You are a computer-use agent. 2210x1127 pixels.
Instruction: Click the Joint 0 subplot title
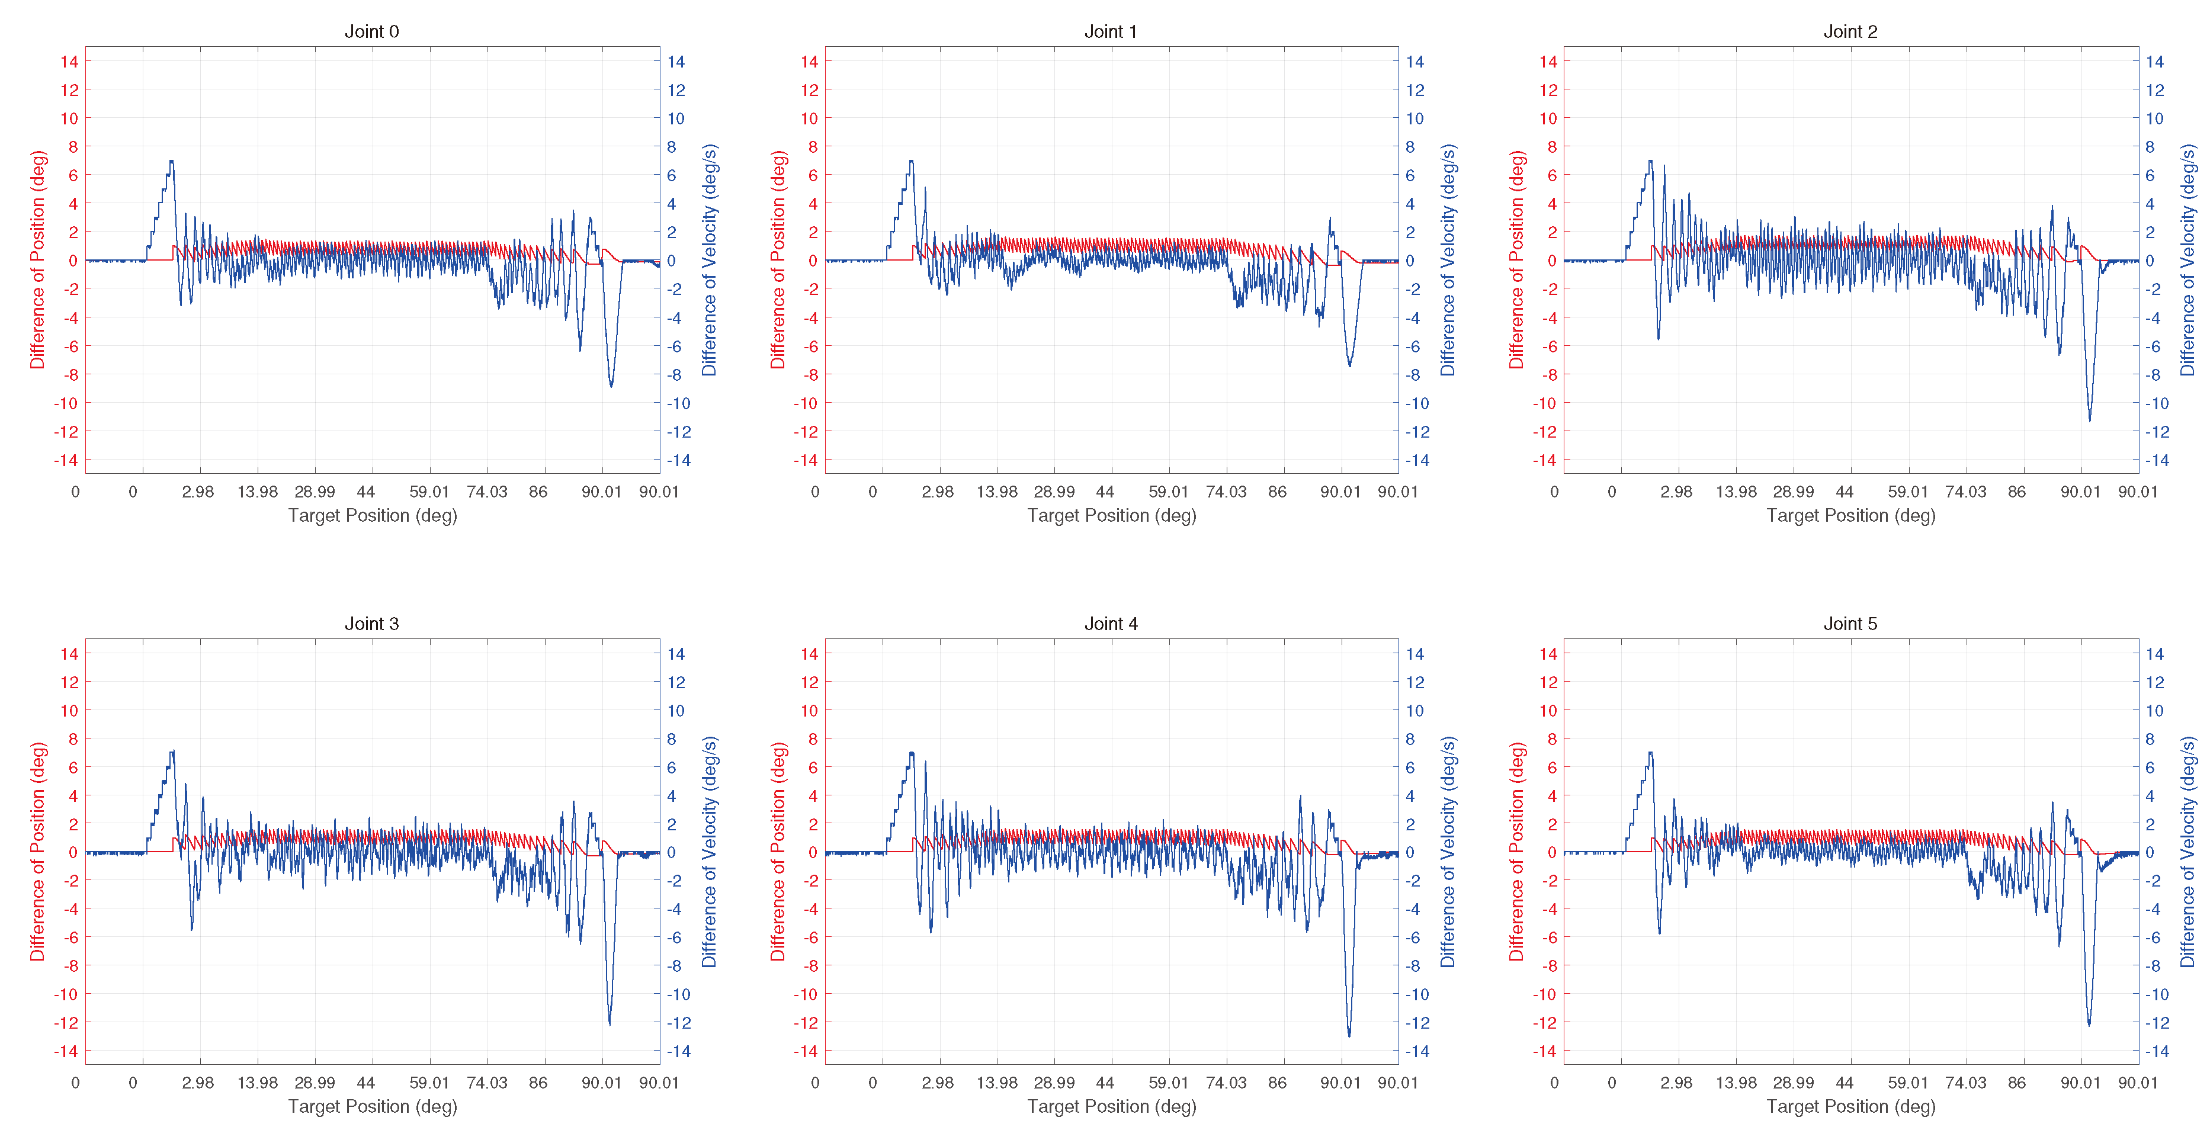coord(371,32)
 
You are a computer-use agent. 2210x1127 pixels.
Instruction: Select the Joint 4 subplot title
coord(1111,624)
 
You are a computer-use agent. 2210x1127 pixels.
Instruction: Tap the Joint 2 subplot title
coord(1850,32)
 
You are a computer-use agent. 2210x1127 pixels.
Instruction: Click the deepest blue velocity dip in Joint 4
coord(1349,1035)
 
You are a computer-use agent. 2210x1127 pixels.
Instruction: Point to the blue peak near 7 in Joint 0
coord(172,161)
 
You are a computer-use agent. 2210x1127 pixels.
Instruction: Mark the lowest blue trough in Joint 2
coord(2089,419)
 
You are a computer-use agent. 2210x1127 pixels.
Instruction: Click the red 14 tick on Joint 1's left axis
coord(809,62)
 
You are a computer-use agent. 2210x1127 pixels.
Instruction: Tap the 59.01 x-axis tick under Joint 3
coord(429,1083)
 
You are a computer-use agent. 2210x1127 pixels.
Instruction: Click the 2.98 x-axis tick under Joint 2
coord(1676,492)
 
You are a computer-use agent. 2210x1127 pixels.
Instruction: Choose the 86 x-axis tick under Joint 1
coord(1278,492)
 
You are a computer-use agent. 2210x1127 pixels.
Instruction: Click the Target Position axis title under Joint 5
coord(1850,1106)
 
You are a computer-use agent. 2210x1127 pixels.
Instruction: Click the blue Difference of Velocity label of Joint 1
coord(1448,260)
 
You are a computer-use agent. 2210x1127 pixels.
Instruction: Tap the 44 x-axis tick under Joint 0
coord(365,492)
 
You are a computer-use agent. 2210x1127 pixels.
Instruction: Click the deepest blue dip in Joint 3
coord(610,1023)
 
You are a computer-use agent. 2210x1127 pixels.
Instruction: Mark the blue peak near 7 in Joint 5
coord(1651,753)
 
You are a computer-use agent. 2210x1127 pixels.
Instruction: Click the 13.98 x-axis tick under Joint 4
coord(997,1083)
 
